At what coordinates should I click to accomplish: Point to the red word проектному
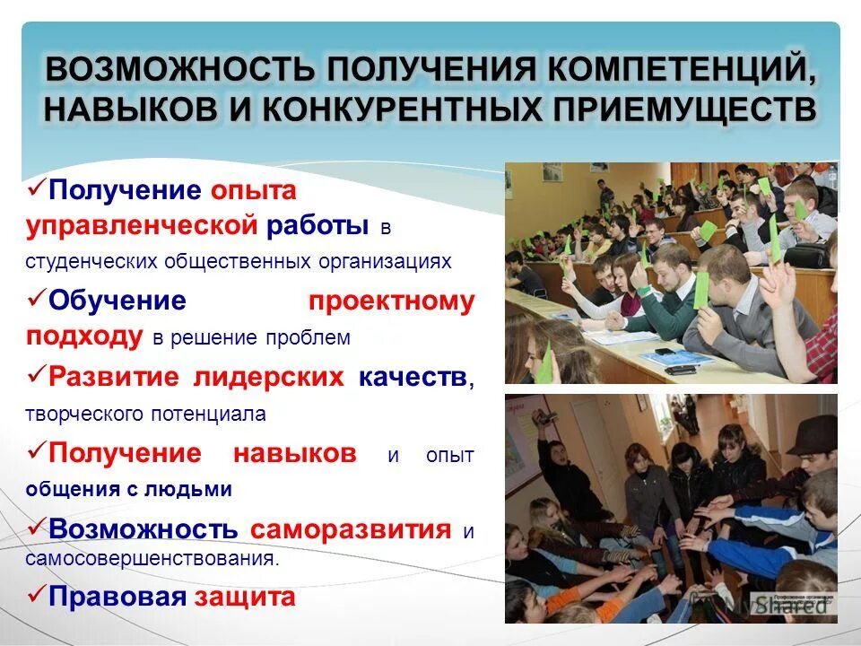coord(391,301)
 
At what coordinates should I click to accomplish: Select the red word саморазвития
coord(351,528)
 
